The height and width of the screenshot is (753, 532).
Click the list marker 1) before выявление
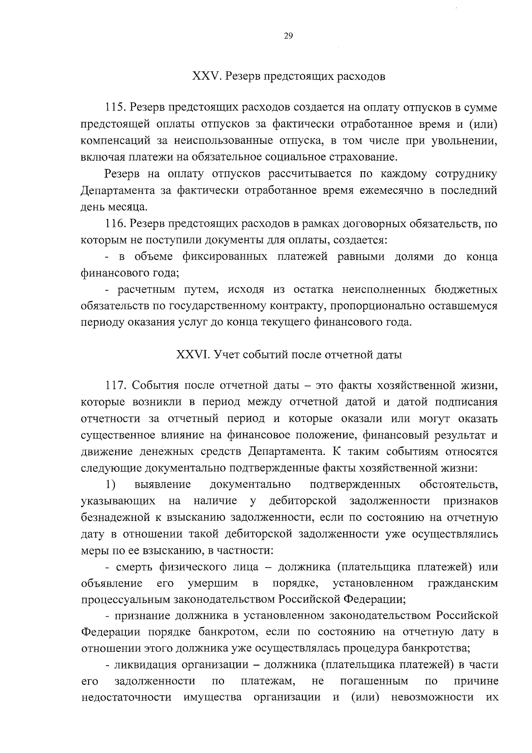coord(111,484)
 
